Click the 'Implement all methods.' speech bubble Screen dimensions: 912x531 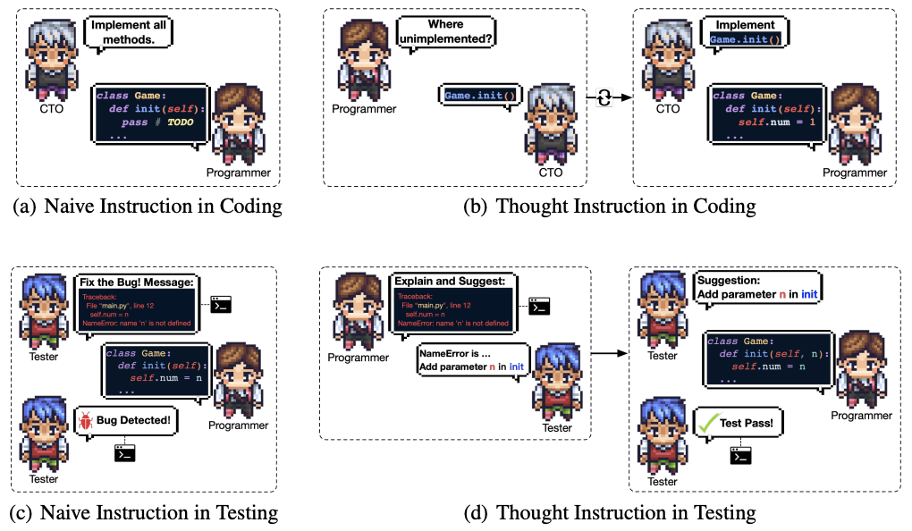[x=128, y=33]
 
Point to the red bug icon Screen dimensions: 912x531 [x=86, y=419]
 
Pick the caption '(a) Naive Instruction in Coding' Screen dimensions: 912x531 [x=148, y=206]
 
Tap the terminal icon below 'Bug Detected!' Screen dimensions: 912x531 [x=125, y=452]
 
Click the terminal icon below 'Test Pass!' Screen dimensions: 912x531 [x=739, y=456]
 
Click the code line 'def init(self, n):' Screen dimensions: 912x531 [x=773, y=354]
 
